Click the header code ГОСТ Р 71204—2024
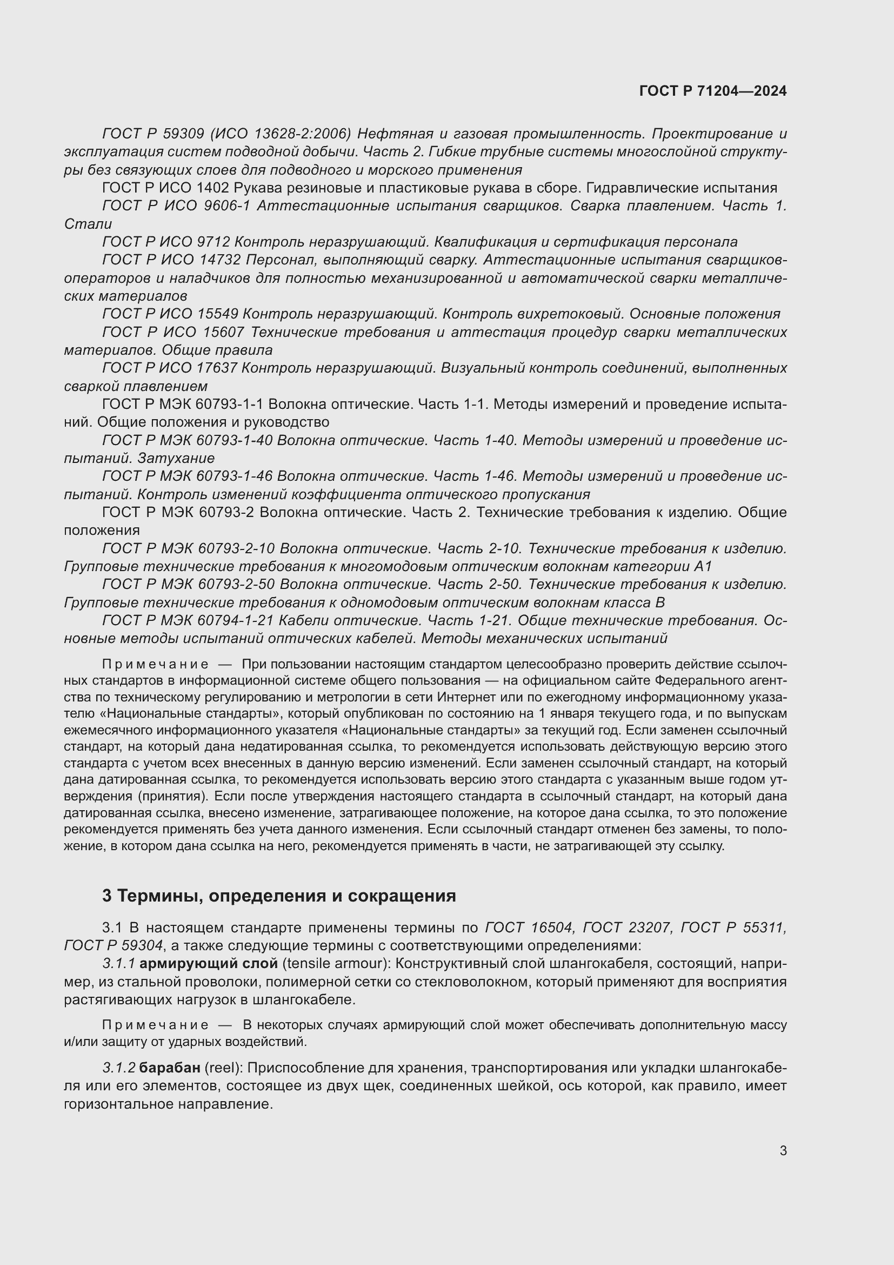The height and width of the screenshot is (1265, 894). pyautogui.click(x=712, y=91)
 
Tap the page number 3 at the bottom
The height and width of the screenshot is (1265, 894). pyautogui.click(x=783, y=1150)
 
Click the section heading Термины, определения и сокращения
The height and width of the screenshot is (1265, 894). pyautogui.click(x=279, y=896)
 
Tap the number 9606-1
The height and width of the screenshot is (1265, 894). pyautogui.click(x=226, y=206)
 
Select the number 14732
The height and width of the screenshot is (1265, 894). pyautogui.click(x=218, y=260)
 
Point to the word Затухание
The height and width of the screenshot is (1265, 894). pyautogui.click(x=176, y=458)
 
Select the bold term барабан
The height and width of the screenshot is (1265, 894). pyautogui.click(x=170, y=1068)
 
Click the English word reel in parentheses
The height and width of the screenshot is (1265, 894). pyautogui.click(x=223, y=1068)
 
